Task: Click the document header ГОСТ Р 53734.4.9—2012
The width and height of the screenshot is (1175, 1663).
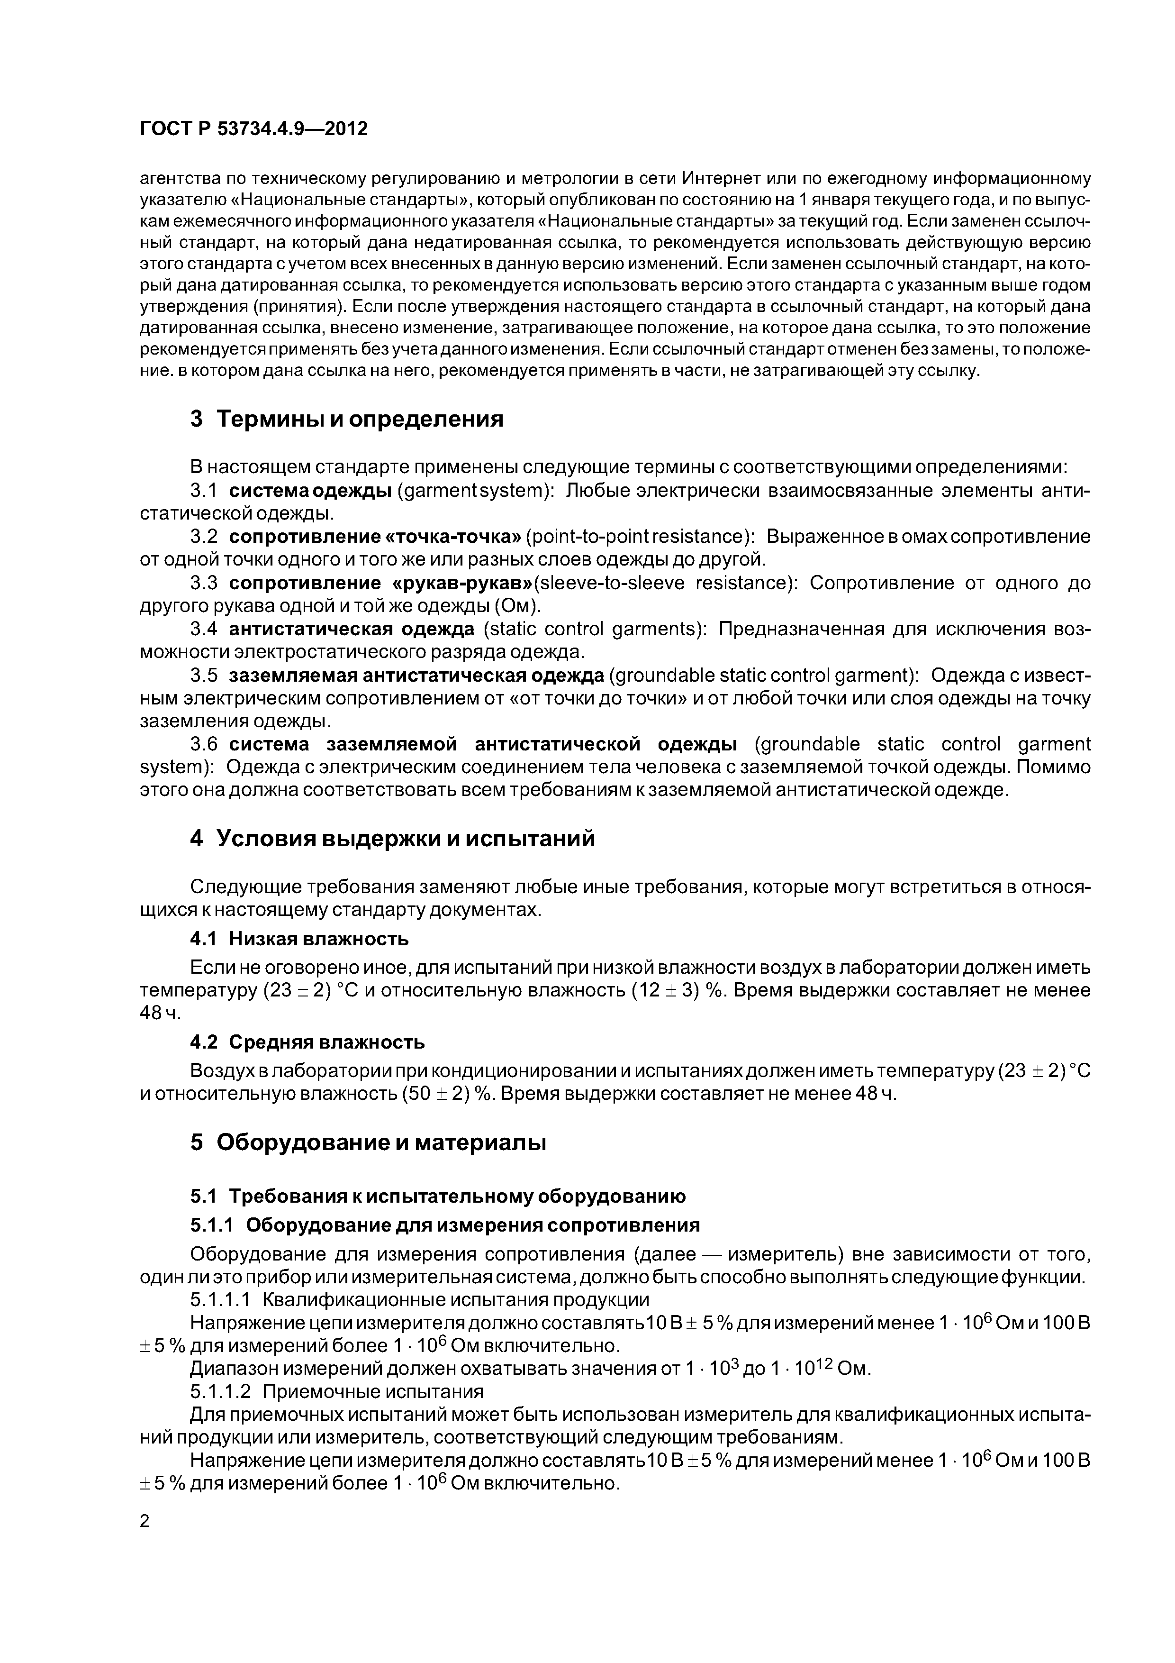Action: point(253,129)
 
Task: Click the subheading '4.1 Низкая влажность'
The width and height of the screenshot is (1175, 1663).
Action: point(299,939)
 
